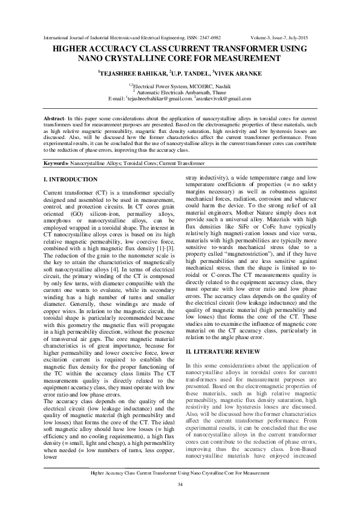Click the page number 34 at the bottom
(180, 485)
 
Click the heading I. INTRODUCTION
(71, 180)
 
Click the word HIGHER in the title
(71, 48)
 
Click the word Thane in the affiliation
(217, 92)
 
